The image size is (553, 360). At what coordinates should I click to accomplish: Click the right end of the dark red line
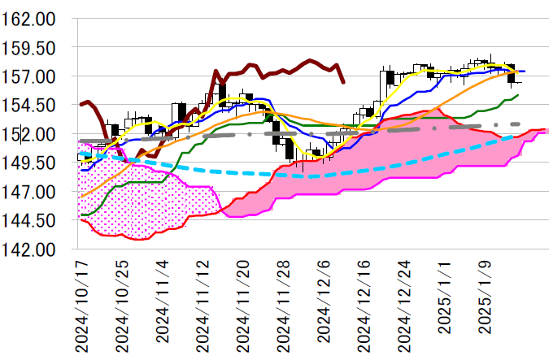343,82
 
